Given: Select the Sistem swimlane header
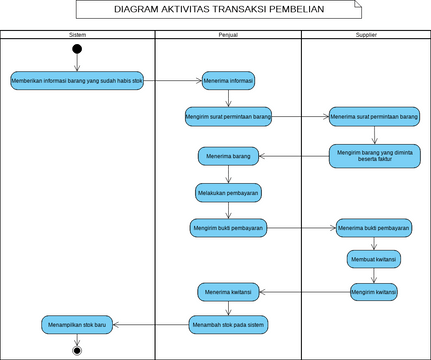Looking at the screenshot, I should pyautogui.click(x=77, y=35).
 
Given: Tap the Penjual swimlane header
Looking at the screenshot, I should pyautogui.click(x=227, y=35).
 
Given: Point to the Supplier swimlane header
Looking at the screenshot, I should pyautogui.click(x=365, y=35).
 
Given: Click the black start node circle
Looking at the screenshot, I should pyautogui.click(x=77, y=50).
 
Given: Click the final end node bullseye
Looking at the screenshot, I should pyautogui.click(x=77, y=351).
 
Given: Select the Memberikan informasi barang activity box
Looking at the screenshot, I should pyautogui.click(x=77, y=80).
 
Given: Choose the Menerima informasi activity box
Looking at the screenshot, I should pyautogui.click(x=228, y=80).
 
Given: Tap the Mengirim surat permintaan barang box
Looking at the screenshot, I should pyautogui.click(x=228, y=116).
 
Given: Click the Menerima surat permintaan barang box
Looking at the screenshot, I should pyautogui.click(x=374, y=116).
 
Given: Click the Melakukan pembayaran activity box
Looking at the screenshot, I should pyautogui.click(x=228, y=191).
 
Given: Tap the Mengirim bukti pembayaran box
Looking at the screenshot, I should pyautogui.click(x=228, y=227).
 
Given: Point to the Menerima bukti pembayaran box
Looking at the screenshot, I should pyautogui.click(x=374, y=227).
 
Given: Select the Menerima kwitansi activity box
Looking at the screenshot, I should pyautogui.click(x=228, y=291).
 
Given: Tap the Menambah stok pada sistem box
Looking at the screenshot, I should pyautogui.click(x=228, y=324).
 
